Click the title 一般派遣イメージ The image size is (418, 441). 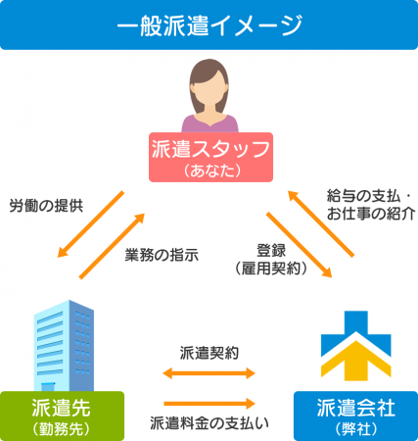tap(209, 25)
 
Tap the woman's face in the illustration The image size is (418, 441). tap(209, 88)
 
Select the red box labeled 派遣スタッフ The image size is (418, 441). tap(210, 157)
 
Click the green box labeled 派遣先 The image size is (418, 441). tap(62, 416)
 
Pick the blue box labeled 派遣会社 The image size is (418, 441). tap(355, 416)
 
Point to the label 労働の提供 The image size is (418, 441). tap(46, 206)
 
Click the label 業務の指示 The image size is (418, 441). tap(162, 255)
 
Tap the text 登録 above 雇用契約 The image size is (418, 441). tap(271, 251)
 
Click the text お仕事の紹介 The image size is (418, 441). tap(371, 214)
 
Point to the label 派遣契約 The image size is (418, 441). tap(209, 353)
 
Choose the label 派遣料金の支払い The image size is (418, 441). tap(209, 422)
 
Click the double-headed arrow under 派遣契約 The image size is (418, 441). tap(209, 373)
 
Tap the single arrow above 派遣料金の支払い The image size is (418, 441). tap(209, 404)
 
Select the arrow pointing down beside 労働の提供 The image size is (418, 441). tap(91, 224)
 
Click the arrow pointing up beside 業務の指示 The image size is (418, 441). tap(112, 246)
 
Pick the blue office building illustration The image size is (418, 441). tap(64, 346)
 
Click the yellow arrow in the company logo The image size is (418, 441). tap(356, 361)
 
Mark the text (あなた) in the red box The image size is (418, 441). tap(211, 171)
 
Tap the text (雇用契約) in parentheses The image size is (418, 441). tap(271, 269)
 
